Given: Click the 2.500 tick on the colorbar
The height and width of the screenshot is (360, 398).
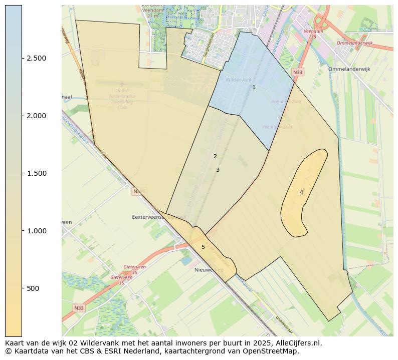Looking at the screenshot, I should [x=36, y=58].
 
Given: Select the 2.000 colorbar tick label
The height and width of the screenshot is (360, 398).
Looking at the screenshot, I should [x=36, y=116].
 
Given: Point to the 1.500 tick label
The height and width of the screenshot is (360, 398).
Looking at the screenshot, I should [x=36, y=173].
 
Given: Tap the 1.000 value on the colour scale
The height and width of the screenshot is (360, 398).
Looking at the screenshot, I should [x=36, y=231].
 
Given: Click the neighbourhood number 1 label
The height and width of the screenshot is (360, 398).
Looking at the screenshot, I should [x=254, y=88].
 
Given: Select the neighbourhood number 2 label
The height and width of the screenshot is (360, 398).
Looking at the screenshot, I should [x=215, y=157].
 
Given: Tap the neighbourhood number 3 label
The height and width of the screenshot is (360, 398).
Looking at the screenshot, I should [x=218, y=170].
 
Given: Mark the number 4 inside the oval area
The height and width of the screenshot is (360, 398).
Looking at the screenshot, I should [x=301, y=193].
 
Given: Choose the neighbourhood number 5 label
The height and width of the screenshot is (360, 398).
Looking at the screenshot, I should [x=203, y=247].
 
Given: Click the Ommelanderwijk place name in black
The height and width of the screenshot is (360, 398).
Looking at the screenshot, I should [x=349, y=69].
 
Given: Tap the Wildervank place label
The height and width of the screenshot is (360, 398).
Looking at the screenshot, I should [x=239, y=80].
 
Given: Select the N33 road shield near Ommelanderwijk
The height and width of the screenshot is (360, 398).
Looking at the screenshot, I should [x=298, y=73].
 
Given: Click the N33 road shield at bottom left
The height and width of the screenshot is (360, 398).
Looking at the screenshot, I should [x=79, y=308].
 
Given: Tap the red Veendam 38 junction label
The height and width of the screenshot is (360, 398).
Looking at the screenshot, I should [x=314, y=34].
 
